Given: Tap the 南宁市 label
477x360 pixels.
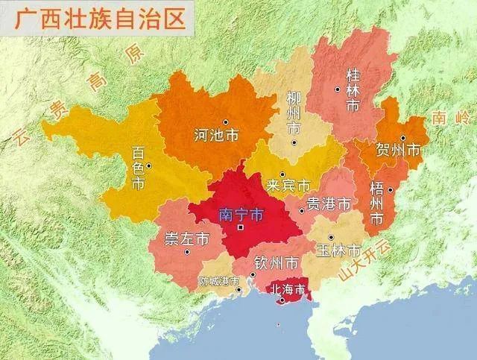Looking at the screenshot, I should pos(241,215).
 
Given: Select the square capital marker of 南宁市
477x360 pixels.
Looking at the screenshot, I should pos(240,227).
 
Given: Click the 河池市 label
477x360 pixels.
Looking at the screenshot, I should pos(216,136).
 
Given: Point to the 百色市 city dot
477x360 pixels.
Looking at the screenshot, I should pos(149,165).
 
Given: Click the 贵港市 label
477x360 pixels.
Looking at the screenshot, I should pos(329,203).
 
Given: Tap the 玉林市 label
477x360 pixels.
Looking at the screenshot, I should pos(338,250).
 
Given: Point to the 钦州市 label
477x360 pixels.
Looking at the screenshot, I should pos(277,262).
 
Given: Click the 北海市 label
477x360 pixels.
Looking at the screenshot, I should pos(286,289).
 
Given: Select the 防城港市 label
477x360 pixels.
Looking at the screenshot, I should pos(220,282).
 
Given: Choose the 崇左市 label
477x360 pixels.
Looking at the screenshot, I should pos(186,239).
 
